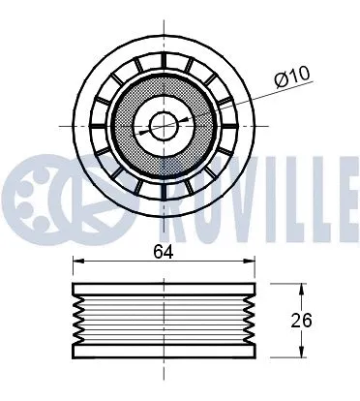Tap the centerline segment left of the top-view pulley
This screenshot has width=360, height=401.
tap(68, 125)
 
